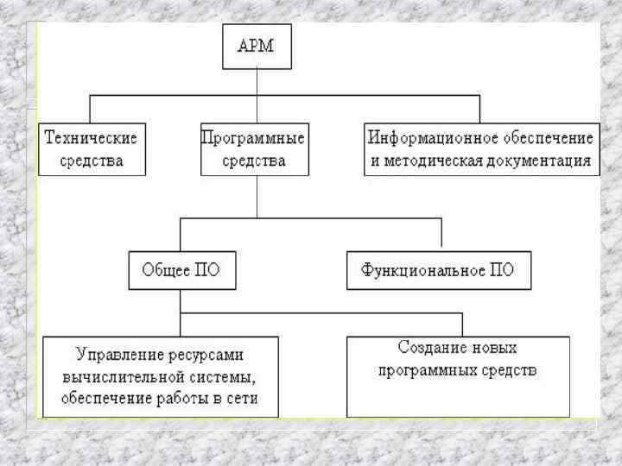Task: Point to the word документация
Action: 537,161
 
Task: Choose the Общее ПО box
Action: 181,270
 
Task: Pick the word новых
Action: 494,349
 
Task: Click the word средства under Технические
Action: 92,161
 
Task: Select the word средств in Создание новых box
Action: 511,371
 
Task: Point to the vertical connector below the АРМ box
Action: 257,82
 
